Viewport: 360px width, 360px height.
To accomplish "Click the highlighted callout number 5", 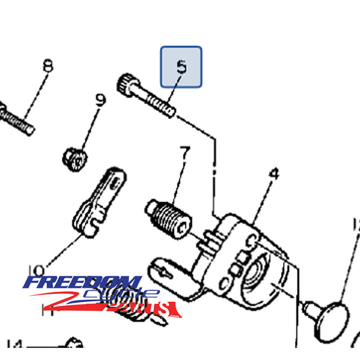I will click(180, 66).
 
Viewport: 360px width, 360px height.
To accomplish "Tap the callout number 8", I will click(47, 66).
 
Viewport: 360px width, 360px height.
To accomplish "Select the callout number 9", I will click(101, 101).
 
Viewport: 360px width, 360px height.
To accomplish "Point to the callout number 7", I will click(184, 152).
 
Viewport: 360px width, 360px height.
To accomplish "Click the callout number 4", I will click(274, 174).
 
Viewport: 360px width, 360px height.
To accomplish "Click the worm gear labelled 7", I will click(170, 216).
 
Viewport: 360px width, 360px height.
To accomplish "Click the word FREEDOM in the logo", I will click(82, 284).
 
